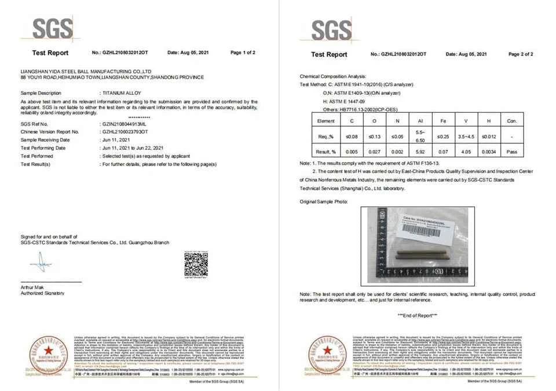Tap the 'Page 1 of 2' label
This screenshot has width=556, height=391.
coord(243,53)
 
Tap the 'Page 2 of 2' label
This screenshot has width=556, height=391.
coord(520,54)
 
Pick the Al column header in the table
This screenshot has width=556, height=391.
coord(420,121)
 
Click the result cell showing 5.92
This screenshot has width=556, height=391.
coord(420,152)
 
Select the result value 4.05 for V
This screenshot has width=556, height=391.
coord(466,152)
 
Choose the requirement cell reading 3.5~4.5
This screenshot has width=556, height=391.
coord(466,136)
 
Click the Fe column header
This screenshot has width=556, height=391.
coord(442,121)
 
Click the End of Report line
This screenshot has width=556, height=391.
coord(417,315)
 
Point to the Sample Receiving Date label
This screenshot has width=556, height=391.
coord(45,140)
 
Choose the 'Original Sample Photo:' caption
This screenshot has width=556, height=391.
coord(324,201)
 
